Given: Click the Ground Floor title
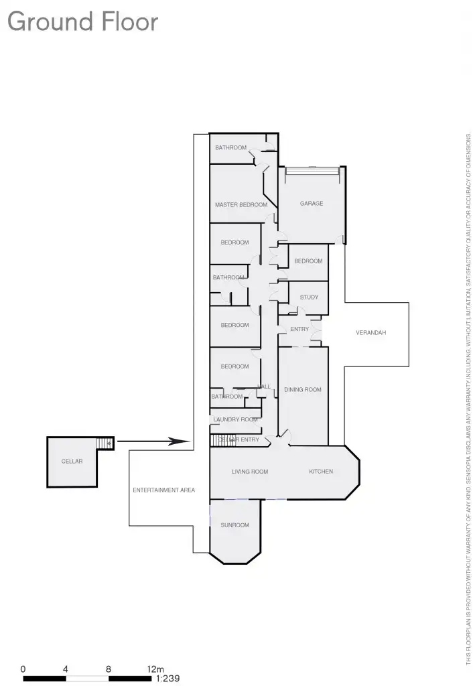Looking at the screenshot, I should tap(82, 21).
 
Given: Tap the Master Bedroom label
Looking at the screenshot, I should tap(241, 205).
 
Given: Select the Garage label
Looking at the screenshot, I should tap(312, 204).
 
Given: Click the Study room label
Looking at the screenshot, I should tap(309, 297).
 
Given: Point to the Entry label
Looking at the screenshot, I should tap(299, 329).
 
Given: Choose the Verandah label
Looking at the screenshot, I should tap(371, 333).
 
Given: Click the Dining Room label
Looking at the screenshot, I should tap(303, 389).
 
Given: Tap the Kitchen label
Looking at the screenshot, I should tap(321, 472).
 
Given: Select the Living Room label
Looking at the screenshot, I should tap(250, 472).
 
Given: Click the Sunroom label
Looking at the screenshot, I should tap(234, 525).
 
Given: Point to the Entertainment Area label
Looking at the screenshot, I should tap(163, 490).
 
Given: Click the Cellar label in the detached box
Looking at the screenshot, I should tap(72, 462).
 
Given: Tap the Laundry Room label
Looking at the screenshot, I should tap(234, 420).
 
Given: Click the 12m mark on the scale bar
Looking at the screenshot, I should tap(155, 669).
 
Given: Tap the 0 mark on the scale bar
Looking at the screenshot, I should tap(23, 669).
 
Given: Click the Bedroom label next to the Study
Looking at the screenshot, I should tap(308, 261).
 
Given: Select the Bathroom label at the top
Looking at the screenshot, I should tap(230, 148).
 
